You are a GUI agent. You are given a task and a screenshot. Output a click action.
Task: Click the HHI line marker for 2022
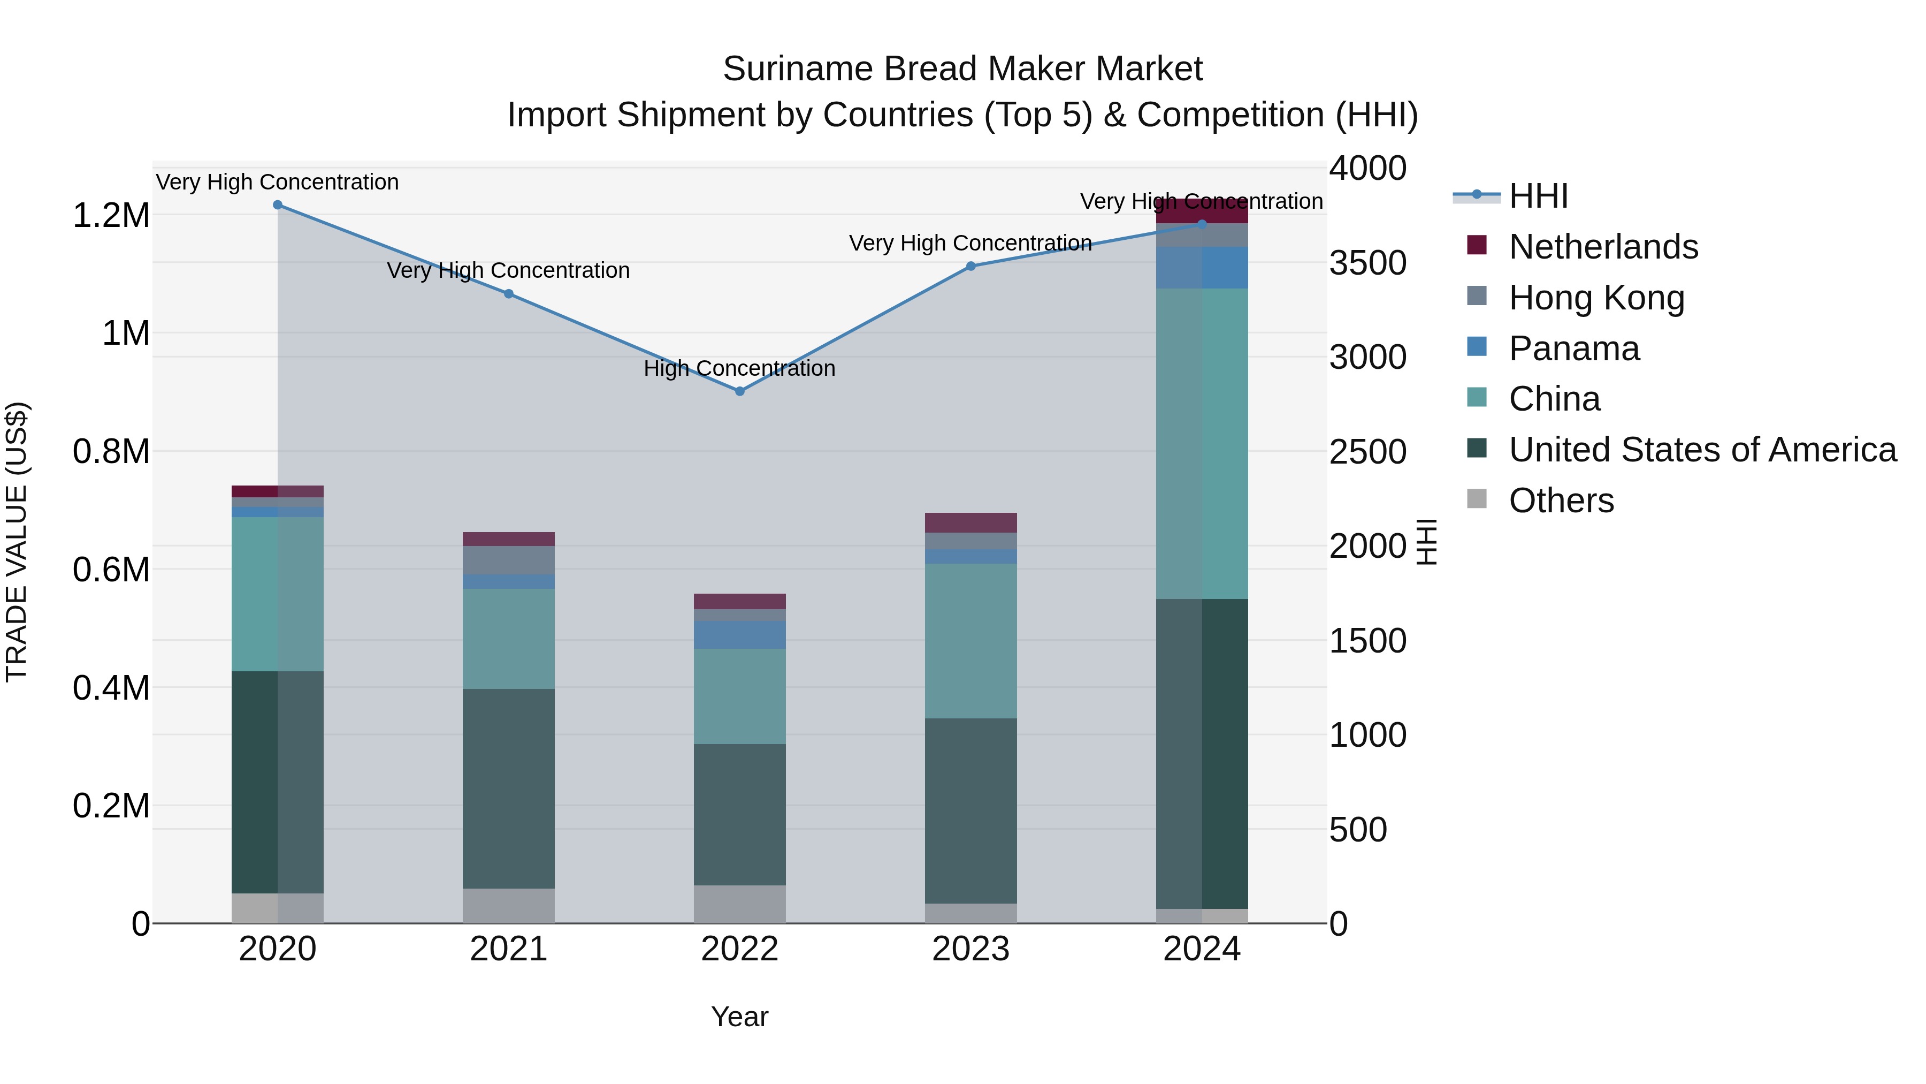point(739,391)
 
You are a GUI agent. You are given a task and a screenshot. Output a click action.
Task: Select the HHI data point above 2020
point(277,205)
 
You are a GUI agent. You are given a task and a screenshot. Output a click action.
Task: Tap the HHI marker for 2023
point(970,267)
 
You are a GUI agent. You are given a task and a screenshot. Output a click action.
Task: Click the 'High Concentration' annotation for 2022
point(739,369)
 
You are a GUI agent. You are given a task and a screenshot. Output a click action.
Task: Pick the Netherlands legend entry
point(1603,247)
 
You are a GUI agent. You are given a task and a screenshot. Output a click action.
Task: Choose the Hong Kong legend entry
point(1596,298)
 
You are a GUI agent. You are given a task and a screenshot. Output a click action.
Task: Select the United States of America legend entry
point(1702,450)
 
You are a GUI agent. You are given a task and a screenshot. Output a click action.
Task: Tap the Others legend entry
point(1561,501)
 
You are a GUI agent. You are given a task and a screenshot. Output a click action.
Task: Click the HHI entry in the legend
point(1538,196)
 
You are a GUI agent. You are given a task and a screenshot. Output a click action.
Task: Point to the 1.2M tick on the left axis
point(111,215)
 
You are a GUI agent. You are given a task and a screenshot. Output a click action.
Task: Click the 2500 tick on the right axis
point(1367,452)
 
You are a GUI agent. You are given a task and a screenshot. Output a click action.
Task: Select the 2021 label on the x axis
point(508,949)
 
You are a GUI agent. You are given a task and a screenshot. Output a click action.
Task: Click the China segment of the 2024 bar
point(1202,444)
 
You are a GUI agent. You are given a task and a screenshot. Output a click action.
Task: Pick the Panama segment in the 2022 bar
point(739,634)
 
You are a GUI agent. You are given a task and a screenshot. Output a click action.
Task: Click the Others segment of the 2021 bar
point(508,905)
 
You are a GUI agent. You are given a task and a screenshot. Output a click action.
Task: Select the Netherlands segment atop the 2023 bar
point(970,522)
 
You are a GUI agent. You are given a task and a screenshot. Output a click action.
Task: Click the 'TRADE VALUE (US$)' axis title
point(17,542)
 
